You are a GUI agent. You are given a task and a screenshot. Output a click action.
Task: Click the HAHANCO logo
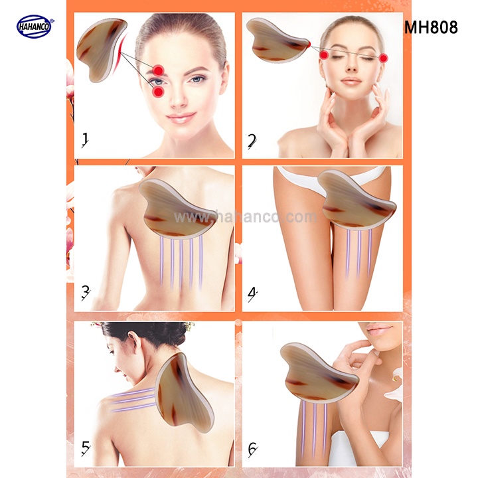pyautogui.click(x=35, y=27)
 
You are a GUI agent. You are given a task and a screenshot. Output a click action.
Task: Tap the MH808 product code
pyautogui.click(x=431, y=27)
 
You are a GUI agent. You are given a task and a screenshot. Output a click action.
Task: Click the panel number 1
pyautogui.click(x=85, y=140)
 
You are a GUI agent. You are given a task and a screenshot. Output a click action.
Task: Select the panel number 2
pyautogui.click(x=252, y=141)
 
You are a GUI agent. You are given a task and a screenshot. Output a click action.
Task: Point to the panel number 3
pyautogui.click(x=86, y=293)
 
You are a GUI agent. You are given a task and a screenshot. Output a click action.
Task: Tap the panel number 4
pyautogui.click(x=253, y=295)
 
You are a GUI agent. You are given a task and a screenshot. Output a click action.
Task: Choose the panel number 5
pyautogui.click(x=86, y=448)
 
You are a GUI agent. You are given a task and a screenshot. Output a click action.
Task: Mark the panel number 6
pyautogui.click(x=253, y=449)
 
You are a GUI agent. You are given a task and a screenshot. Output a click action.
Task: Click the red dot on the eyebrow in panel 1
pyautogui.click(x=159, y=71)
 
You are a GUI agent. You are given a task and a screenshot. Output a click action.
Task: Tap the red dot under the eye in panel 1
pyautogui.click(x=158, y=92)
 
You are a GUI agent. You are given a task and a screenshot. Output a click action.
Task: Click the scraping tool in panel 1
pyautogui.click(x=102, y=50)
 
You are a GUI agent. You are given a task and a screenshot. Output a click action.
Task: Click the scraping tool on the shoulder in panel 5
pyautogui.click(x=185, y=390)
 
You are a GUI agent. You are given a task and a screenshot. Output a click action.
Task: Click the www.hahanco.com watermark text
pyautogui.click(x=246, y=216)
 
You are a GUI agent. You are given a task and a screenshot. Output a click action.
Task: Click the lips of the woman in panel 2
pyautogui.click(x=351, y=82)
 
